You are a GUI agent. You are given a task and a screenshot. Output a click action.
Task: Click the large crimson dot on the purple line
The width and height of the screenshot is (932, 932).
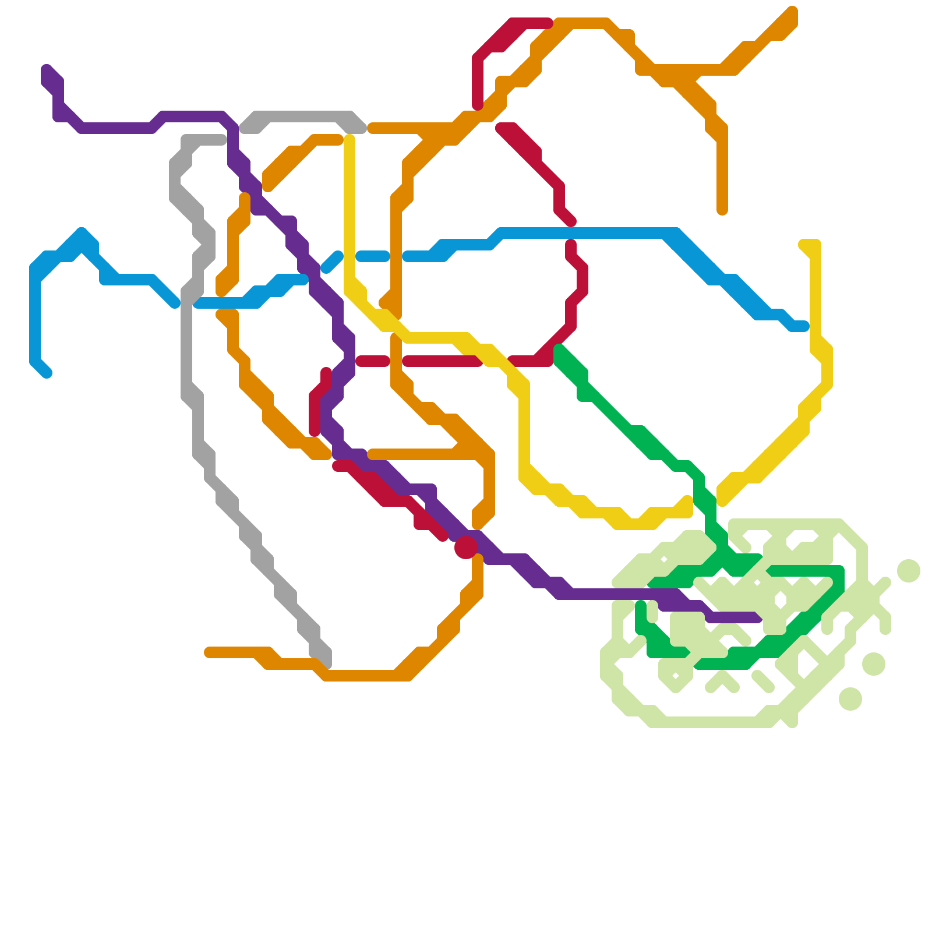(x=466, y=547)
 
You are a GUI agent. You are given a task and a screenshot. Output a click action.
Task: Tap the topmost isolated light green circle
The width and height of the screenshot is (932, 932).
(x=909, y=570)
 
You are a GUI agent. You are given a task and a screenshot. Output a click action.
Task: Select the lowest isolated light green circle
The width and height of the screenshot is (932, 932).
(x=850, y=698)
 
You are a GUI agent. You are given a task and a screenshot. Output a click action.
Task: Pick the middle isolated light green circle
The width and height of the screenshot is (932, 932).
(x=874, y=663)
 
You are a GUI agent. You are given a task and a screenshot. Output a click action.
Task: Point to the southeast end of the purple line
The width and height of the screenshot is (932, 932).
(x=757, y=617)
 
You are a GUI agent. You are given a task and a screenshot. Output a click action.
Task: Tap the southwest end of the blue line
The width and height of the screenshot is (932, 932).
(x=47, y=373)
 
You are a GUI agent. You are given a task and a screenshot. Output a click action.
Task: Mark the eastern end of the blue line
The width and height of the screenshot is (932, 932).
(x=804, y=326)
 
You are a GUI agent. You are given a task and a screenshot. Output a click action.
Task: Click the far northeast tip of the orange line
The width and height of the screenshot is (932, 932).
(x=792, y=12)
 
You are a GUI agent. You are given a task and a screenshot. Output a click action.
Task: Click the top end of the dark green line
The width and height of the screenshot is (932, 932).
(x=559, y=349)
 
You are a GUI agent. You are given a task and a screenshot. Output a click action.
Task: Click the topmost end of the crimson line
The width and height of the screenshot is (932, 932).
(x=548, y=23)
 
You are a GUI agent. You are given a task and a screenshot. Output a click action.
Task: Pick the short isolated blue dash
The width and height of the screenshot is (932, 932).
(x=373, y=256)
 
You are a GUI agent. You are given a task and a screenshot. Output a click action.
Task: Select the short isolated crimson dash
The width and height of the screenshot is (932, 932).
(x=373, y=361)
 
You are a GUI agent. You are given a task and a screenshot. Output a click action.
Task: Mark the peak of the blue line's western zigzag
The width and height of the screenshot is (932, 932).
(x=82, y=233)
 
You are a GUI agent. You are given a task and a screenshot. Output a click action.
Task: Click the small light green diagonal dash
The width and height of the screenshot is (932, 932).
(x=763, y=682)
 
